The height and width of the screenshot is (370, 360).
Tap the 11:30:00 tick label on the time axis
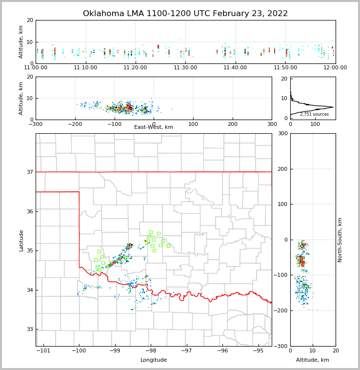pos(185,67)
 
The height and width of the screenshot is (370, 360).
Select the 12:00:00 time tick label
pos(335,67)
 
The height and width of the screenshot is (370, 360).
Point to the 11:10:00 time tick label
pos(85,67)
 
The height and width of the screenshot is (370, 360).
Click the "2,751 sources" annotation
pos(314,114)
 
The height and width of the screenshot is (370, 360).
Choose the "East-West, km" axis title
pos(154,127)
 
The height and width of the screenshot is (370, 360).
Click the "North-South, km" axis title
pos(340,240)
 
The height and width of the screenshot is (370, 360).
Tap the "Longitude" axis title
pos(154,360)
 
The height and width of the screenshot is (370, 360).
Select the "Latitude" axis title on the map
pos(21,240)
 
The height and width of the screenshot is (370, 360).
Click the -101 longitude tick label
pos(43,350)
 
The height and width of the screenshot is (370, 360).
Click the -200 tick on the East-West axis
pos(75,124)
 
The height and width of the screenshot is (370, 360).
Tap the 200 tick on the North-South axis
pos(282,169)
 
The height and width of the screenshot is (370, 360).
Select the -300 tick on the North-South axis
pos(281,346)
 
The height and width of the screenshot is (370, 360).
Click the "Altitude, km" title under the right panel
pos(313,360)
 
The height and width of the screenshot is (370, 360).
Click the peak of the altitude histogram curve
pos(334,107)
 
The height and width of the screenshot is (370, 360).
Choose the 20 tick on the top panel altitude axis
pos(30,21)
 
